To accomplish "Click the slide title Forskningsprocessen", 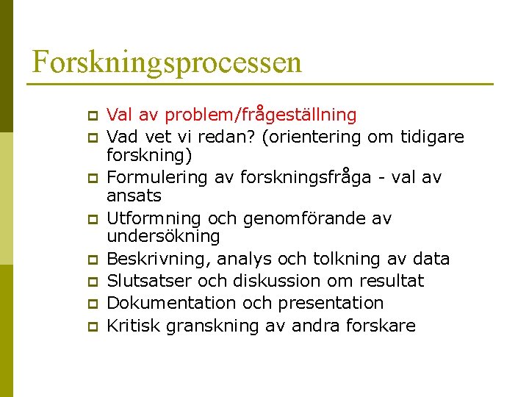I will pos(167,62).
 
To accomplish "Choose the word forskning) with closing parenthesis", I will pos(149,155).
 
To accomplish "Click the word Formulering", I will pos(153,177).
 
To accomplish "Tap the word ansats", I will pos(134,196).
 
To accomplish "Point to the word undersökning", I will pos(163,236).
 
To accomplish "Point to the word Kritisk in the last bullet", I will pos(134,325).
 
